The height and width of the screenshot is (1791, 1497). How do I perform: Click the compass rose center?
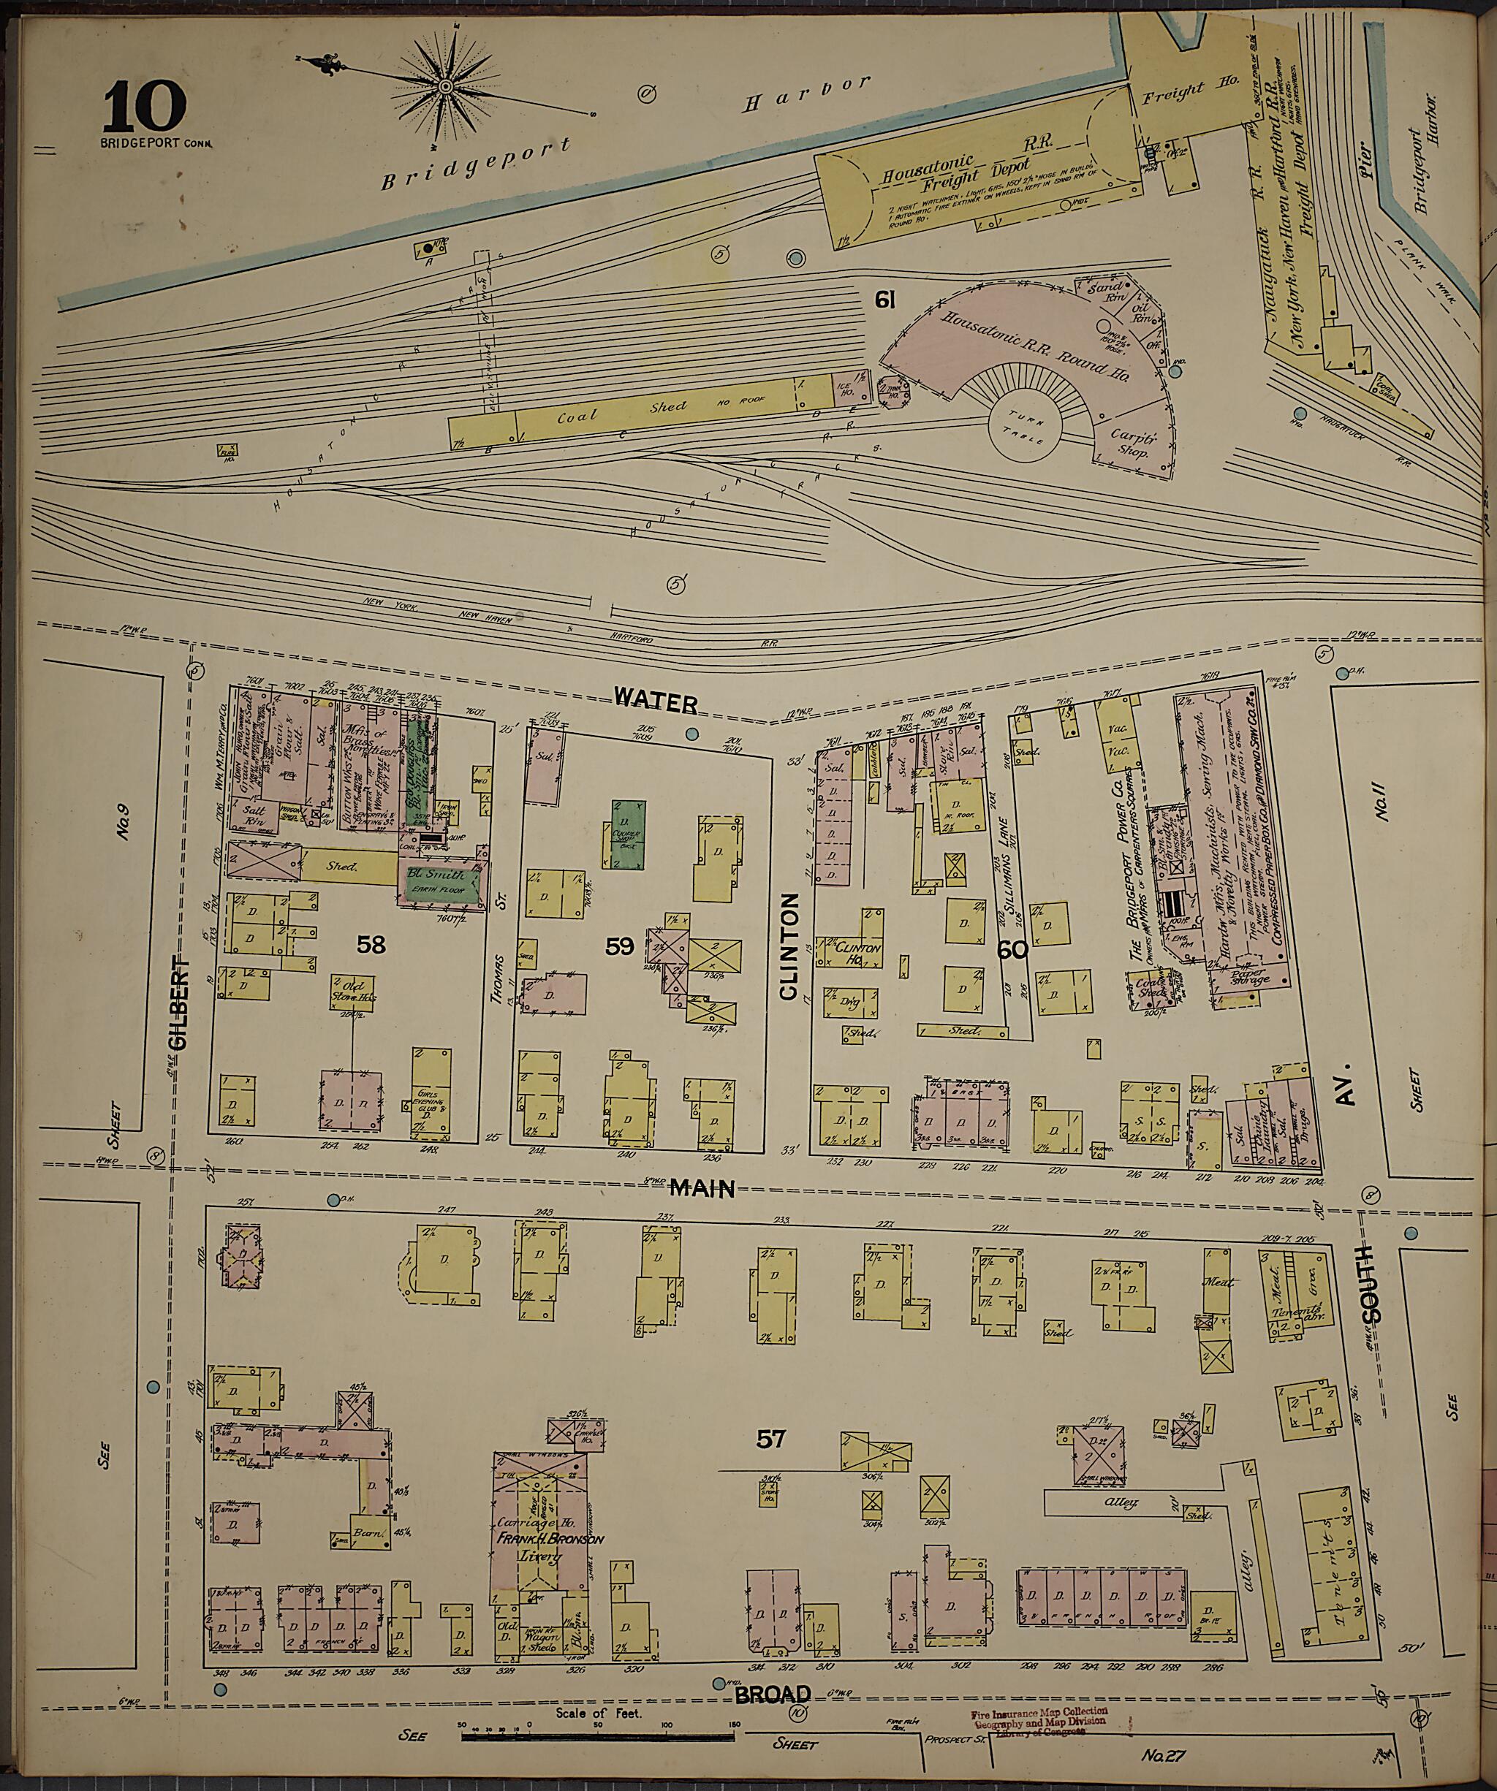(x=445, y=87)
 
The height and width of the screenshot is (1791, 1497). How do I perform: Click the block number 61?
(x=884, y=298)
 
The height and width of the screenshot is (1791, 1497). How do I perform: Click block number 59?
(x=619, y=946)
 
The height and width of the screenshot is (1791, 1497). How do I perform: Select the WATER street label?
(x=656, y=703)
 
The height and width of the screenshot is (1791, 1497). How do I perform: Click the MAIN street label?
(x=701, y=1187)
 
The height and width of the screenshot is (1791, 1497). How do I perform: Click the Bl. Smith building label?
(x=441, y=875)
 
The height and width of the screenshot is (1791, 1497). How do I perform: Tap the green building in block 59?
(x=627, y=833)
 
